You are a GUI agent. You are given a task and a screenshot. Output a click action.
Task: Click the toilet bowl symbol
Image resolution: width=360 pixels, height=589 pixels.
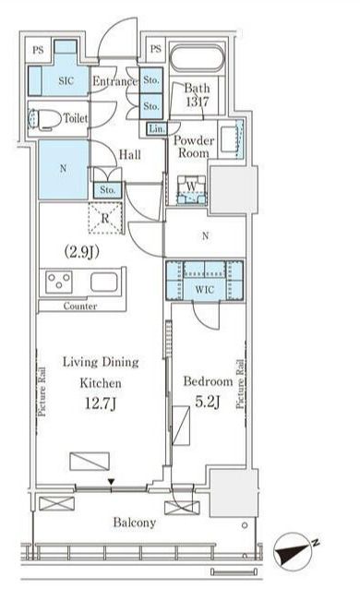(x=44, y=119)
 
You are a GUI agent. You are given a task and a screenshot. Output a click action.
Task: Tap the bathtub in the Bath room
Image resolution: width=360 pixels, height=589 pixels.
(x=197, y=58)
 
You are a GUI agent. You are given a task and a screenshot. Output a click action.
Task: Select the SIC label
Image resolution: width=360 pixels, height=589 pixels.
(x=66, y=80)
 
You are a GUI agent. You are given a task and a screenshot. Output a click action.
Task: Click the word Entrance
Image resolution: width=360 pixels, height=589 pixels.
(x=115, y=81)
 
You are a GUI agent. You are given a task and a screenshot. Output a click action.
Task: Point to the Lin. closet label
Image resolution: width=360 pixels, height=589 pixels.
(x=157, y=129)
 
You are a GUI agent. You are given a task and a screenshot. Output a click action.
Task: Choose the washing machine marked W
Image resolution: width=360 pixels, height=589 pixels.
(x=191, y=189)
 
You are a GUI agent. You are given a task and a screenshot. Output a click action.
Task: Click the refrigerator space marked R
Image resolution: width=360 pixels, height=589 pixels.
(x=105, y=218)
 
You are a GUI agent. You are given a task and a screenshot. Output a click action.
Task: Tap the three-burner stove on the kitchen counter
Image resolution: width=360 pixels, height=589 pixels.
(x=59, y=282)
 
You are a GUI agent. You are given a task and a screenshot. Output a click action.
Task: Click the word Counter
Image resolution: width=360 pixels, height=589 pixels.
(x=80, y=307)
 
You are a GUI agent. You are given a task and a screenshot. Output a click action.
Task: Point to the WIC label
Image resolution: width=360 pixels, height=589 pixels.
(x=204, y=290)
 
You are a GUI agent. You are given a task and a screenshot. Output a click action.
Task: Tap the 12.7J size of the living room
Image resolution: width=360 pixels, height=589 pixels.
(x=100, y=403)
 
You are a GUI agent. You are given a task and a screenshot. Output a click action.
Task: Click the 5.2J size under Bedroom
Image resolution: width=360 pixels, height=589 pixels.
(x=208, y=402)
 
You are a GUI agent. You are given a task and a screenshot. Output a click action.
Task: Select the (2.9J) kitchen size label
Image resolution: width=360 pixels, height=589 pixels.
(x=82, y=252)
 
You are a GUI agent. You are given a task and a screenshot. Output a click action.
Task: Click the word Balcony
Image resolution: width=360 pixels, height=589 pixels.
(x=135, y=523)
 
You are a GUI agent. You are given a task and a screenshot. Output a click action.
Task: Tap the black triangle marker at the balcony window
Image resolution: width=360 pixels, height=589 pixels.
(x=112, y=482)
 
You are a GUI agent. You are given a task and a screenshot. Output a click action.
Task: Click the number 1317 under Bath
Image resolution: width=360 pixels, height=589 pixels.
(x=198, y=102)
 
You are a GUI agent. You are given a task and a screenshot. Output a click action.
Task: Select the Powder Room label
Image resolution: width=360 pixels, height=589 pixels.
(x=194, y=147)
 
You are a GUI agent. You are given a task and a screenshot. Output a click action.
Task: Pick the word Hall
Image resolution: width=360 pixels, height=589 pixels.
(x=130, y=154)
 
